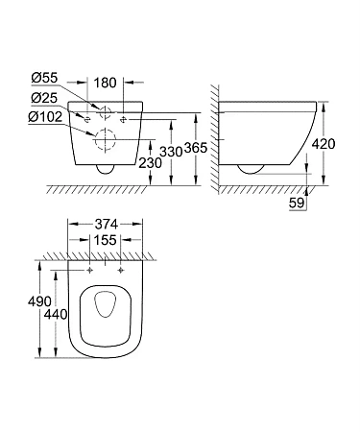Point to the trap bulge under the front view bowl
pyautogui.click(x=105, y=169)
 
